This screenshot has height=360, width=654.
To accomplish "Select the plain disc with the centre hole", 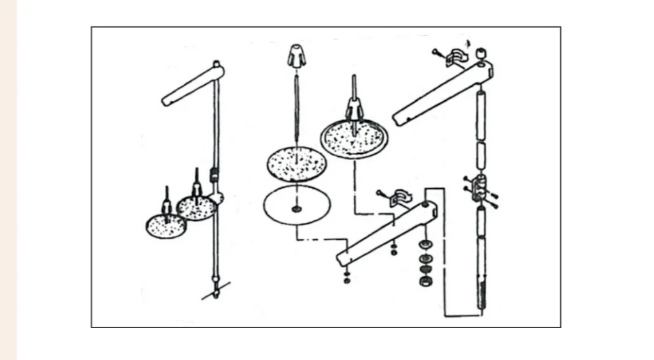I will click(x=296, y=206).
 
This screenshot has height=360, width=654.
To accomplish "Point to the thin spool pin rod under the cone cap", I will click(x=295, y=105).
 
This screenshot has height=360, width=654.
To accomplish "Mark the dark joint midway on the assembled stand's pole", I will click(x=215, y=172).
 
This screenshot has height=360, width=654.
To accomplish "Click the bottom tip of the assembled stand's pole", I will click(x=217, y=295).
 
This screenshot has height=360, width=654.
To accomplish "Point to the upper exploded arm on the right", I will click(x=440, y=92).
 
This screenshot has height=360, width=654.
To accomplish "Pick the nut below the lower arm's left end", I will click(x=347, y=278).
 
